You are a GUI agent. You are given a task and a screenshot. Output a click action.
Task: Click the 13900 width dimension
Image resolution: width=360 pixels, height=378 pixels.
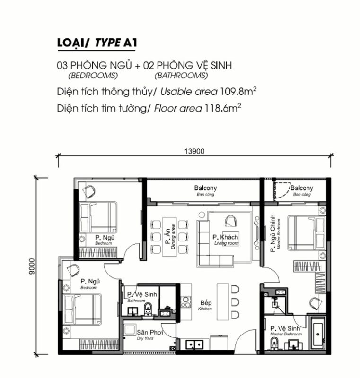click(194, 151)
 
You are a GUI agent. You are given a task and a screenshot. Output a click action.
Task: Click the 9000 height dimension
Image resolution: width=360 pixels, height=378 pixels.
click(32, 266)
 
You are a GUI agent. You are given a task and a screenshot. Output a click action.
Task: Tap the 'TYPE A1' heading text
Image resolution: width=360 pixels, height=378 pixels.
click(116, 43)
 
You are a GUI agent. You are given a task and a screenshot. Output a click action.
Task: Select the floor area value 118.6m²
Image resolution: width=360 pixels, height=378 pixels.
click(223, 108)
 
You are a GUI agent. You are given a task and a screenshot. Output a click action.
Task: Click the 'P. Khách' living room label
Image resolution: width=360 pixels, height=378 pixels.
click(225, 237)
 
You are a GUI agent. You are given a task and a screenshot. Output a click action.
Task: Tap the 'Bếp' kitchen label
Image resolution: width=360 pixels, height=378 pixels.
click(206, 302)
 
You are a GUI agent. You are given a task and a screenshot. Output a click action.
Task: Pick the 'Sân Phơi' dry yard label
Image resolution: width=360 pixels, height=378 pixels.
click(150, 333)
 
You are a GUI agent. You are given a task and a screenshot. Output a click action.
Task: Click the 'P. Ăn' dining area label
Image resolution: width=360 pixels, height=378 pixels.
click(167, 237)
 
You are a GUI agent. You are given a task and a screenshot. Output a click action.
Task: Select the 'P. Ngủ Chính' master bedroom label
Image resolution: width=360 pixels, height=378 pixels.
click(272, 233)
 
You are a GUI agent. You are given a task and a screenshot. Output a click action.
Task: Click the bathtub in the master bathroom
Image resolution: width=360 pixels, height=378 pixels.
click(318, 334)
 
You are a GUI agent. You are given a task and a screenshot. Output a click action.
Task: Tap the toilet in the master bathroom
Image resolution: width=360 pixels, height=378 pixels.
click(274, 344)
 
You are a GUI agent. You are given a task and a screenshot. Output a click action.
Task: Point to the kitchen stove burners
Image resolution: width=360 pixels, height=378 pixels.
click(186, 302)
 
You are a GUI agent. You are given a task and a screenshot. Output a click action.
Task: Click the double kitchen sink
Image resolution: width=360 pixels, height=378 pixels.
click(194, 345)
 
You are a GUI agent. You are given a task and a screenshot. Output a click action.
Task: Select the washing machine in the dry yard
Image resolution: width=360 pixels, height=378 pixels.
click(129, 330)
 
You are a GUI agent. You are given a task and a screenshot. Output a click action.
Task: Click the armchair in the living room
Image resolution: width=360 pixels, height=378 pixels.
click(231, 221)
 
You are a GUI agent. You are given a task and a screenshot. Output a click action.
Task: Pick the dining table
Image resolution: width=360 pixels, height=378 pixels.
click(169, 237)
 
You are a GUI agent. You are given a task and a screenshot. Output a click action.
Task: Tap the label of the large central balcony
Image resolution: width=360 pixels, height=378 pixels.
click(205, 188)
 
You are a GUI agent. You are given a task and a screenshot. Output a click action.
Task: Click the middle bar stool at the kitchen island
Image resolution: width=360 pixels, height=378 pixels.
click(235, 302)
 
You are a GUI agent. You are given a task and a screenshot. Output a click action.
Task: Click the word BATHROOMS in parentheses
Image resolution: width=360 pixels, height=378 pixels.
click(181, 76)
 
